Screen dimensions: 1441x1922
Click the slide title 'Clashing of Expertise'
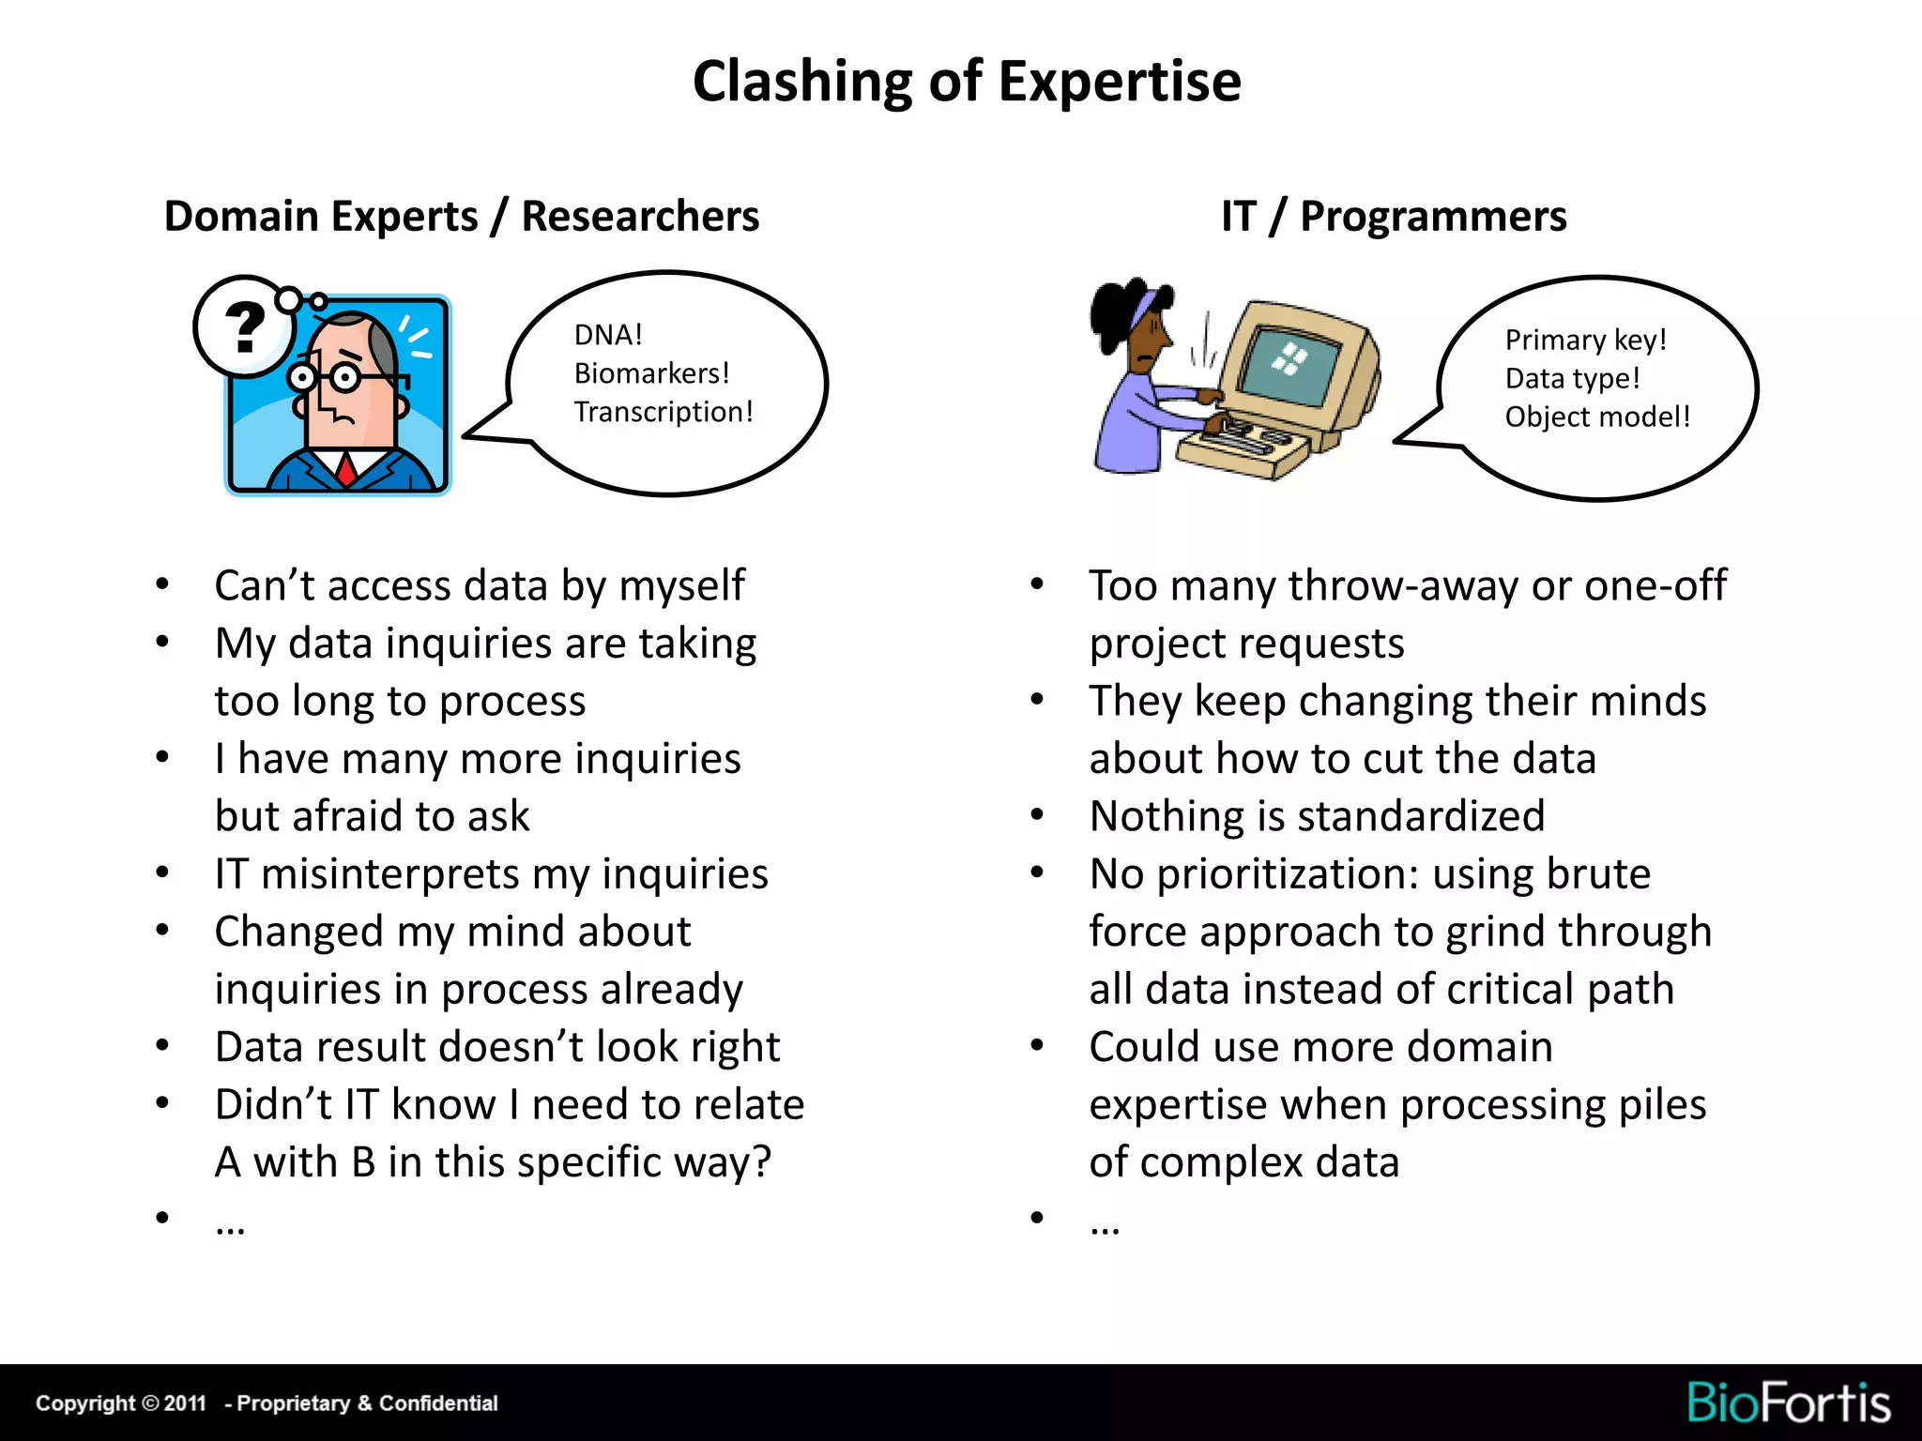click(x=967, y=82)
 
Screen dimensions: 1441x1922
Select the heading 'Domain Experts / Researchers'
click(x=461, y=217)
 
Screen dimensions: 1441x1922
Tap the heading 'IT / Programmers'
click(x=1393, y=217)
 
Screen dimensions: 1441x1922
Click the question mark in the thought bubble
click(x=245, y=326)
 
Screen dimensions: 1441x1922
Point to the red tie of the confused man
click(x=346, y=468)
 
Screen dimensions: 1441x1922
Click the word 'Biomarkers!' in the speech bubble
click(x=651, y=373)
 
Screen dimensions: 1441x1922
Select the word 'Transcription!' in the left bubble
click(x=663, y=412)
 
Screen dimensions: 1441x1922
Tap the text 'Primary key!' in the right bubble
click(x=1585, y=340)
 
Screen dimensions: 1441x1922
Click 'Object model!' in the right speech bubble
click(x=1596, y=417)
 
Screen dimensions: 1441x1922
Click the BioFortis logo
click(x=1788, y=1403)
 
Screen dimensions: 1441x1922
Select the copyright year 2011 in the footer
click(x=185, y=1403)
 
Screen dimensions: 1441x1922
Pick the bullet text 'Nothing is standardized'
click(x=1317, y=816)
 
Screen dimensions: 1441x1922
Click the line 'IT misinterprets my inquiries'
click(x=491, y=874)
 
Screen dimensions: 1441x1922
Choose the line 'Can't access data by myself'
click(x=480, y=585)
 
